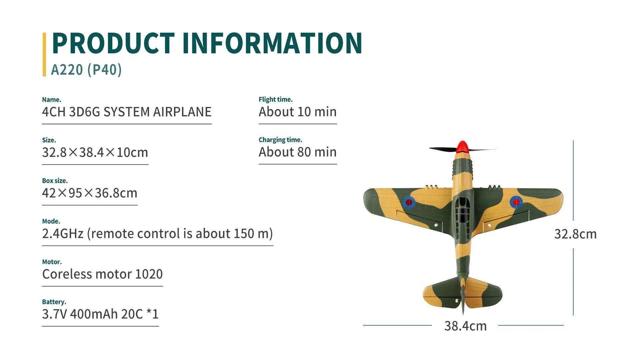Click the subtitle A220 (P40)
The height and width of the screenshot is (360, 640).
click(x=86, y=70)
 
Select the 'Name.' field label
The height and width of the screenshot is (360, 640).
click(x=52, y=100)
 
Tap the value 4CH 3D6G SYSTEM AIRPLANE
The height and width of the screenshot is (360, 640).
click(x=127, y=112)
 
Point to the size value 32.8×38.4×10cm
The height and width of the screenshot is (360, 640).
click(x=95, y=153)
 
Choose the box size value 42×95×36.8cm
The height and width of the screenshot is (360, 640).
click(x=90, y=193)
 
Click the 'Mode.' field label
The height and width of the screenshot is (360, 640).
click(x=51, y=221)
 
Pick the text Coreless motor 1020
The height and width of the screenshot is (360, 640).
click(x=102, y=274)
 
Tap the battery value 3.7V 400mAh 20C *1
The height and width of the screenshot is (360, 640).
click(x=100, y=314)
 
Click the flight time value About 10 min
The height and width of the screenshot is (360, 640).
click(x=298, y=112)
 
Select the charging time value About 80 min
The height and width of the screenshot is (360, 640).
click(x=298, y=152)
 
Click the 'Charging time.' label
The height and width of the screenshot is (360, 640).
click(x=280, y=140)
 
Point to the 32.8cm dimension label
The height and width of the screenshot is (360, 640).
click(x=575, y=234)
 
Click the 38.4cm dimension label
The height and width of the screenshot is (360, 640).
click(x=465, y=326)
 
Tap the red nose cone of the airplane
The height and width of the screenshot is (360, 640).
click(x=462, y=147)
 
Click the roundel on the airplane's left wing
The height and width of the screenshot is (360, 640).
click(x=409, y=202)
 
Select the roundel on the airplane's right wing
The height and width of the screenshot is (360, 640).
click(x=516, y=202)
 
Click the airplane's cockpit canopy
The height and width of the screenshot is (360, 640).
click(x=462, y=210)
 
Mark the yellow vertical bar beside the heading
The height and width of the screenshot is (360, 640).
click(x=44, y=54)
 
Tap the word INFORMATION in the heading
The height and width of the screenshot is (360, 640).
click(x=272, y=43)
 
